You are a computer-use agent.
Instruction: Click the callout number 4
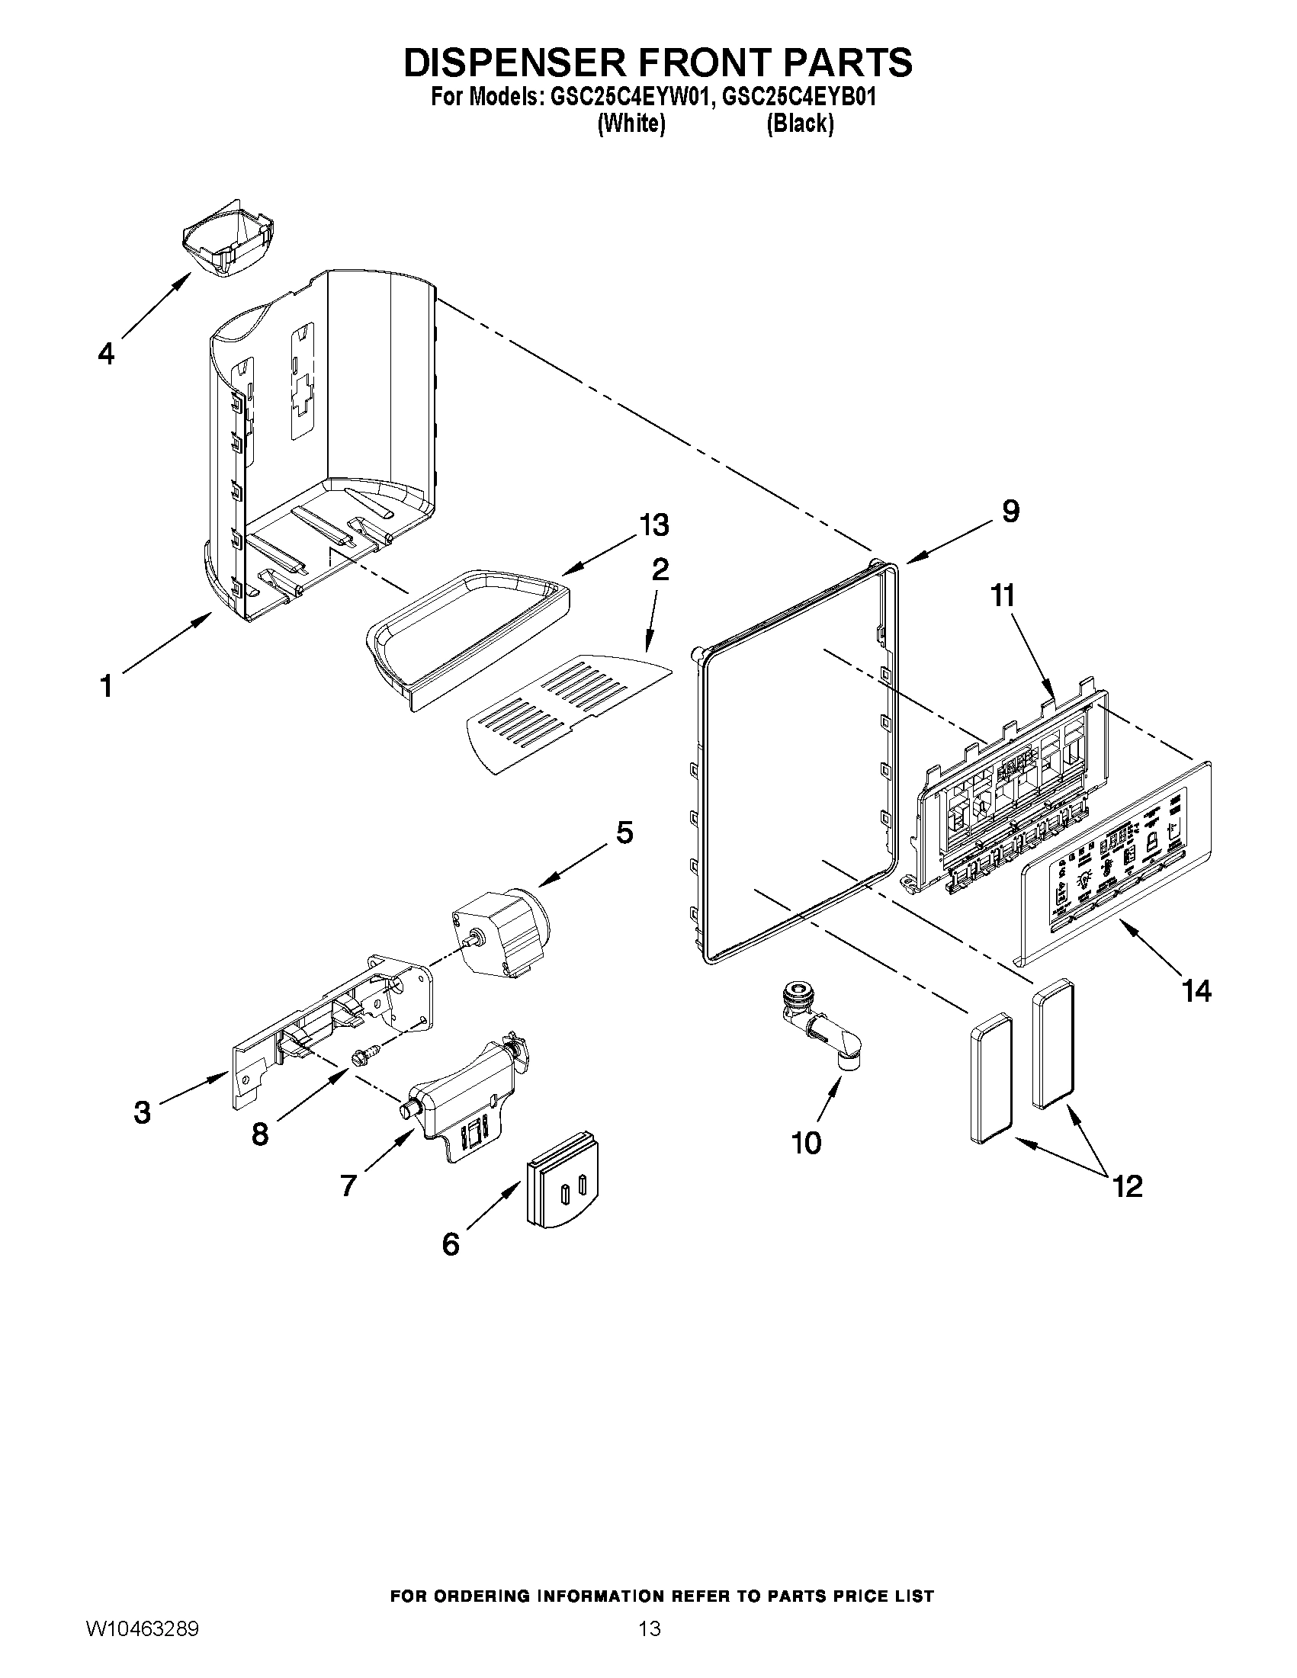point(106,355)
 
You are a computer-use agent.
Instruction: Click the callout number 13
point(655,525)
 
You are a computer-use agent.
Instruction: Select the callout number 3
point(142,1112)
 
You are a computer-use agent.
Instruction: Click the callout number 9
point(1010,511)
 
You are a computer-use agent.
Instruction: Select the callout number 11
point(1002,595)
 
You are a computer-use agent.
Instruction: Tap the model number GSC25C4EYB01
point(799,98)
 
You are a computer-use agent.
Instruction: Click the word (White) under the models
point(631,124)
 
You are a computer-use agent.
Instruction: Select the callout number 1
point(106,686)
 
